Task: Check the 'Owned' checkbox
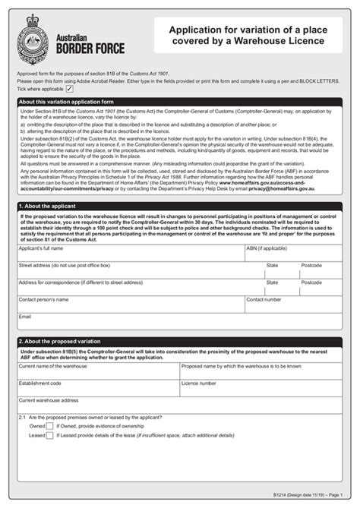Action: (x=51, y=427)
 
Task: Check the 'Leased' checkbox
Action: (x=51, y=436)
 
